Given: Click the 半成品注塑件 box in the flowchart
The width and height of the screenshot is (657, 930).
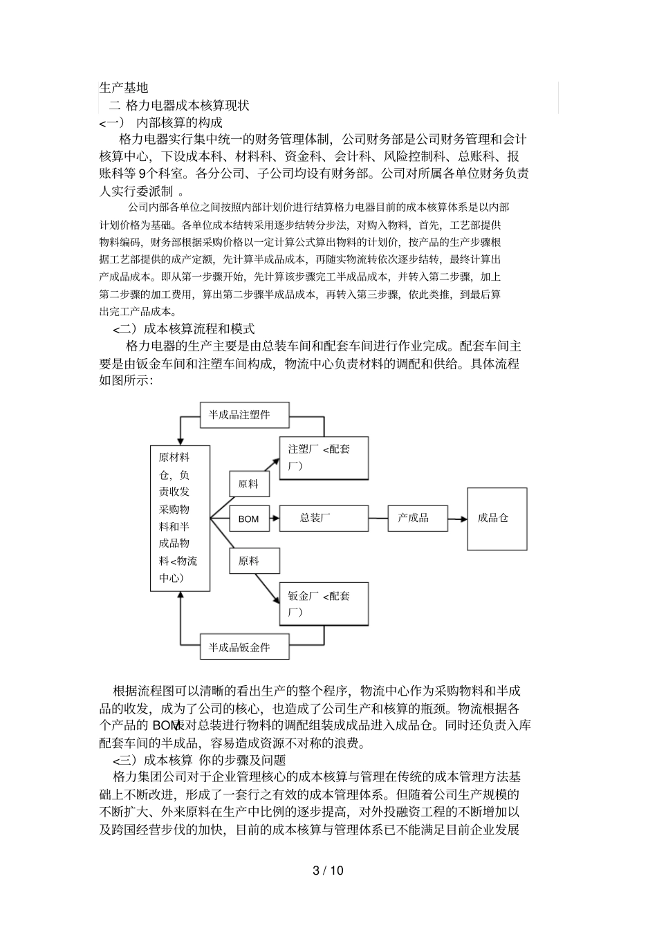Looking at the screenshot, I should tap(244, 415).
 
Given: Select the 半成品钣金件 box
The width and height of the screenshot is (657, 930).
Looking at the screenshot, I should tap(244, 647).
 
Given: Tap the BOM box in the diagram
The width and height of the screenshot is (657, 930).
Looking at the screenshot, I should tap(249, 519).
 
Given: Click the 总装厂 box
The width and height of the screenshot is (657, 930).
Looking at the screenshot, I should tap(323, 517).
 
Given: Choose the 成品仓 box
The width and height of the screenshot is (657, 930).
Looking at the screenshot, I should tap(497, 518).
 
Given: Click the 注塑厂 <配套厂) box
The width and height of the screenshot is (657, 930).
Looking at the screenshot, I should tap(323, 458).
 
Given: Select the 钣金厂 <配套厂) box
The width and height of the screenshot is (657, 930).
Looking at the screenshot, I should tap(323, 604).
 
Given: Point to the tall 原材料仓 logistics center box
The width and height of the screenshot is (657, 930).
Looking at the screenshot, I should tap(180, 518).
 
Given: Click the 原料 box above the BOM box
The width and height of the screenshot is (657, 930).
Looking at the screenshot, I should tap(249, 484).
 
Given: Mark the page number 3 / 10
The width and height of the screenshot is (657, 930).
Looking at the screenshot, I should tap(328, 871).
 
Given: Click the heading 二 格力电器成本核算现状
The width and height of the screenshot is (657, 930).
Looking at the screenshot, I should tap(179, 106).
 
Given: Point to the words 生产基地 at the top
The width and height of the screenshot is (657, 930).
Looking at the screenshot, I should tap(124, 88).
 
